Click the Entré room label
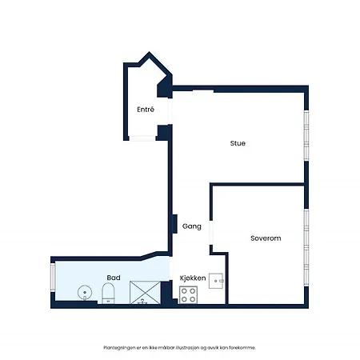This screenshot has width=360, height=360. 146,110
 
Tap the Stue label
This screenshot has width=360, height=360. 238,143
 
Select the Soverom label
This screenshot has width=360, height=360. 266,238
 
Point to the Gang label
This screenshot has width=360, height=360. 192,226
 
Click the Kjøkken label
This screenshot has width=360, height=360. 193,278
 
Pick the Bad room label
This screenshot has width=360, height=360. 114,278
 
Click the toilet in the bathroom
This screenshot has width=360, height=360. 108,294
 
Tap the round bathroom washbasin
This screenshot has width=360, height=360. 85,293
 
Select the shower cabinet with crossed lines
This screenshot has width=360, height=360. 145,293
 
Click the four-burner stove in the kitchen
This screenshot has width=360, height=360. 188,294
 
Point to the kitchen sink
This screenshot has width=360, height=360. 216,281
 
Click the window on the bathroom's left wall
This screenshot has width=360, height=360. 53,277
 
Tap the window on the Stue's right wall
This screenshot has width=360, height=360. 306,135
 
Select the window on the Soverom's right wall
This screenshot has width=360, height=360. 306,247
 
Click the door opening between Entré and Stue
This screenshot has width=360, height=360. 170,111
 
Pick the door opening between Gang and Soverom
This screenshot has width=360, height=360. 211,233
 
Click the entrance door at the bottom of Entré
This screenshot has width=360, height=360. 142,138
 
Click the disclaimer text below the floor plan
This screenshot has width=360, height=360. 180,348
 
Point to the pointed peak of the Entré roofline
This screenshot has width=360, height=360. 149,52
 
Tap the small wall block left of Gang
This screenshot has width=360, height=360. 174,224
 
